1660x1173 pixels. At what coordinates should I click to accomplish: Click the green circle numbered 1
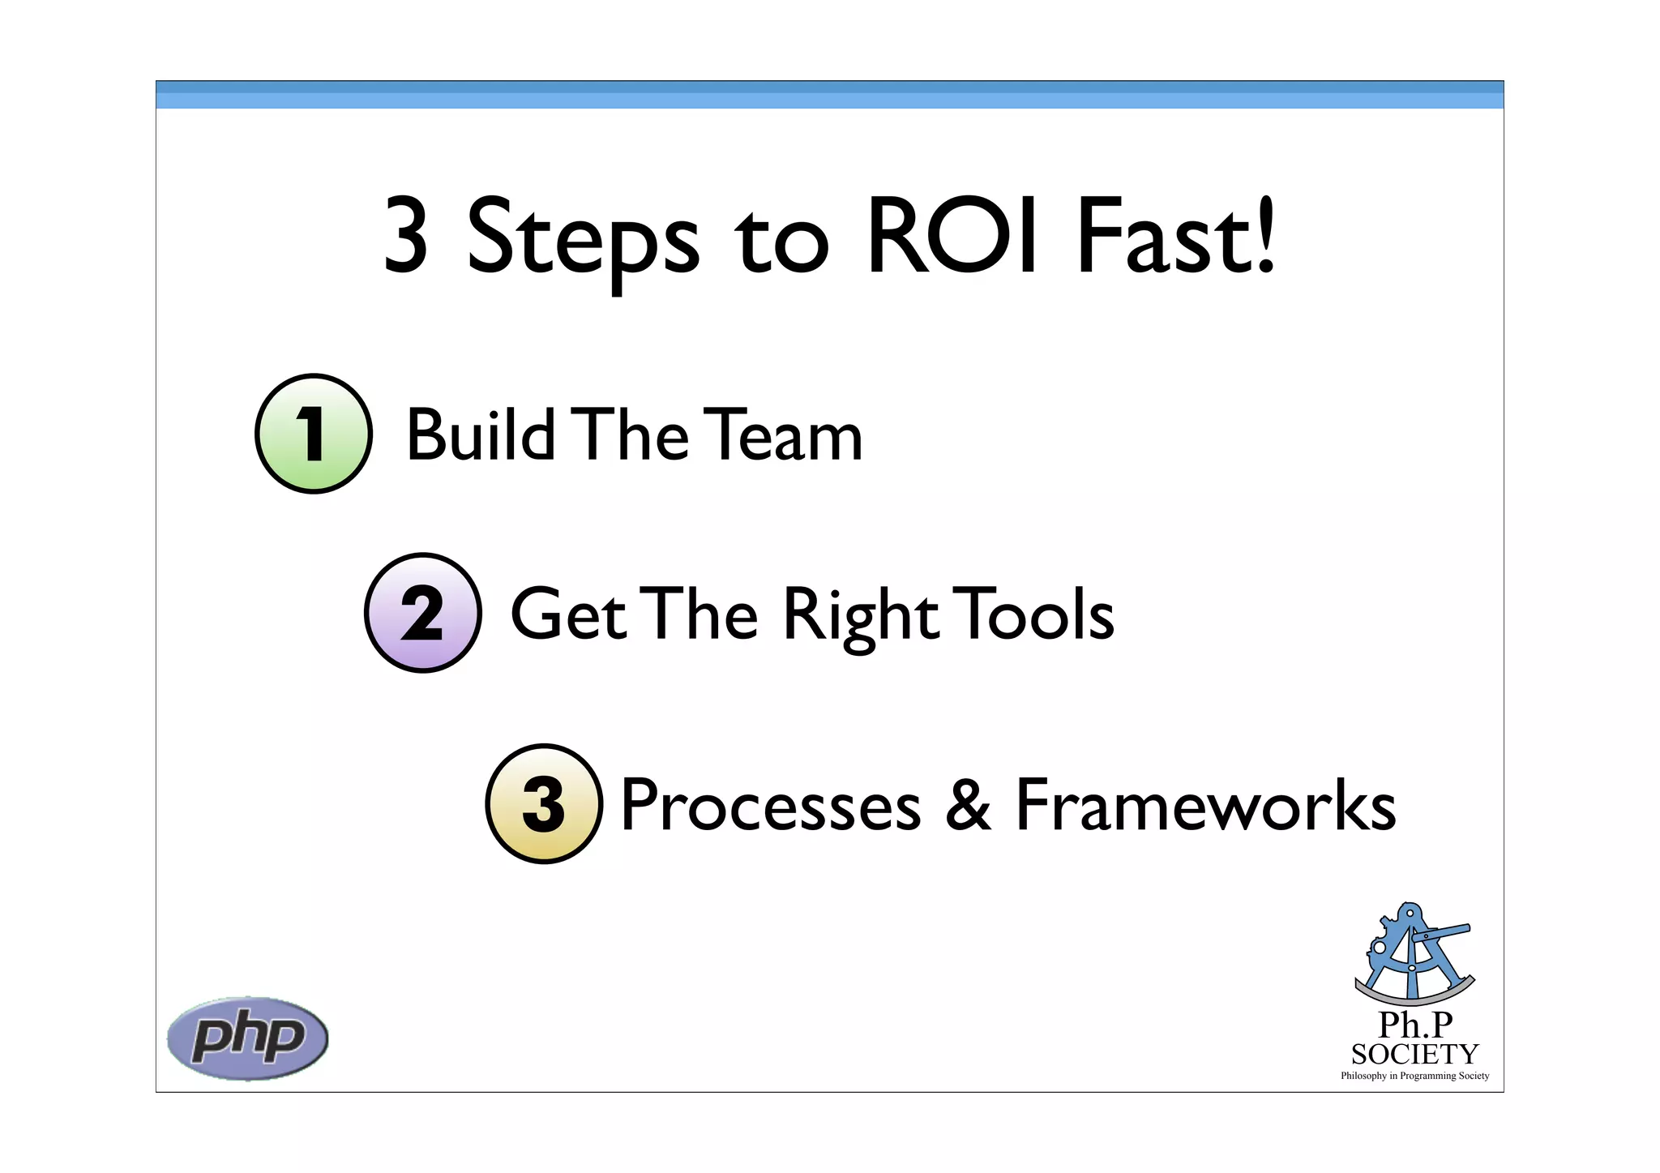point(314,434)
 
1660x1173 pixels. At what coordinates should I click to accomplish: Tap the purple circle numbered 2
point(422,613)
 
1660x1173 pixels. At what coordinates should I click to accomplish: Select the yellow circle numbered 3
point(544,803)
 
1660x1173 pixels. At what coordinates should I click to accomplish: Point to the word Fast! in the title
point(1174,237)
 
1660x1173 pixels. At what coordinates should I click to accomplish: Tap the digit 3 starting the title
point(405,237)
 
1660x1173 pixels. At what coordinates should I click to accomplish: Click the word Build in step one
point(479,435)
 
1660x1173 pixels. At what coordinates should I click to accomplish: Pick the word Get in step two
point(567,614)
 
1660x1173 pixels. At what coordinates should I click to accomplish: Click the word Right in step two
point(860,616)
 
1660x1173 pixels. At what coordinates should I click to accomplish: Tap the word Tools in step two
point(1033,614)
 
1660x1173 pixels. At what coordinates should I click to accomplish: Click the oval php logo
point(247,1038)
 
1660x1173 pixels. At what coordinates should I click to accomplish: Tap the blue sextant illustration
point(1414,953)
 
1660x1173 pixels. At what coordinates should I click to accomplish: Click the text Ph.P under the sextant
point(1415,1025)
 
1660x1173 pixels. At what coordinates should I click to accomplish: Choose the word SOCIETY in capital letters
point(1414,1054)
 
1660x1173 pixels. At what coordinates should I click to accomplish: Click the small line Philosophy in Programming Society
point(1414,1076)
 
